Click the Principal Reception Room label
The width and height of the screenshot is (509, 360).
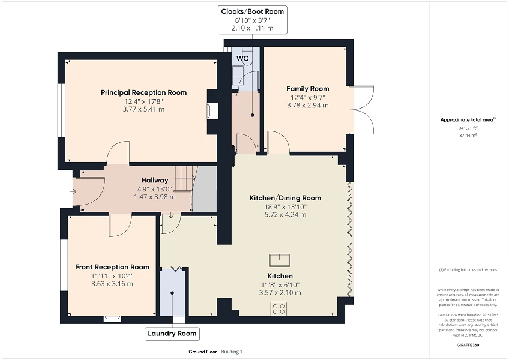click(x=143, y=92)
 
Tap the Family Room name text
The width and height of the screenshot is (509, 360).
click(x=307, y=89)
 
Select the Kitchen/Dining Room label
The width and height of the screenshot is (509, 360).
click(x=285, y=198)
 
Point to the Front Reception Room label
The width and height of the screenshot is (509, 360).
click(x=112, y=267)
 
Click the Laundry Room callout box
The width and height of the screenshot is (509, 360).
click(x=172, y=334)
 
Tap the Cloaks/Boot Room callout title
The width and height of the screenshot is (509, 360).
click(x=252, y=11)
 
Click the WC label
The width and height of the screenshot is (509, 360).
click(x=242, y=58)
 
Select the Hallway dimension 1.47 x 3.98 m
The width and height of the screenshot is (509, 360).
click(x=155, y=197)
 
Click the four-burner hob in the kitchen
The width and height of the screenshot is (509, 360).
click(x=279, y=308)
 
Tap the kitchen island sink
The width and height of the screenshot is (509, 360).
click(x=280, y=260)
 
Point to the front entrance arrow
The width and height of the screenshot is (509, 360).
click(x=73, y=192)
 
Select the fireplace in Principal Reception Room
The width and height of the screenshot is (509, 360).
click(x=209, y=111)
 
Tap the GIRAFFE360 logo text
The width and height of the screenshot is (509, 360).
click(x=468, y=344)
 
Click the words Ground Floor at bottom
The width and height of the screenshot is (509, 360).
click(x=202, y=352)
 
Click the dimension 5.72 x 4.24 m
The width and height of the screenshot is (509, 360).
click(x=285, y=215)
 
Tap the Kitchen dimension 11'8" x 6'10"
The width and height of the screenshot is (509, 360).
click(x=280, y=284)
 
